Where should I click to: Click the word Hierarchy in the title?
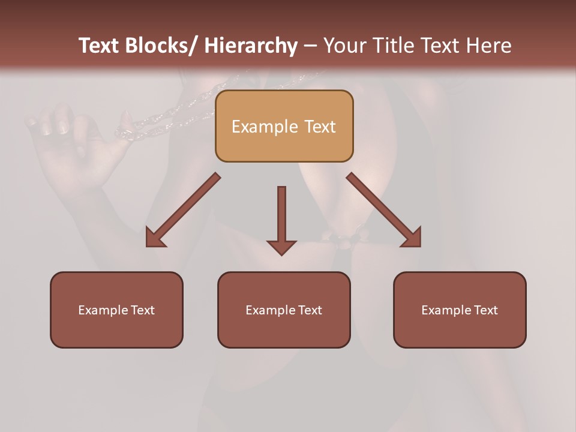(x=251, y=46)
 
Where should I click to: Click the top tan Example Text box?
(x=284, y=126)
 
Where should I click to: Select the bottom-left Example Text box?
(x=116, y=310)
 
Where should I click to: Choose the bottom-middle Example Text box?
(x=284, y=310)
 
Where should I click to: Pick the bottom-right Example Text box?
(x=460, y=310)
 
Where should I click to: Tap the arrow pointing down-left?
(x=183, y=210)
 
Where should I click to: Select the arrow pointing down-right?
(x=384, y=210)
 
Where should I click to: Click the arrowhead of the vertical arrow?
(x=281, y=247)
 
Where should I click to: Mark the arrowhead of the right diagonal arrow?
(x=412, y=238)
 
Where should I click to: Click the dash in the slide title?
(x=310, y=46)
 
